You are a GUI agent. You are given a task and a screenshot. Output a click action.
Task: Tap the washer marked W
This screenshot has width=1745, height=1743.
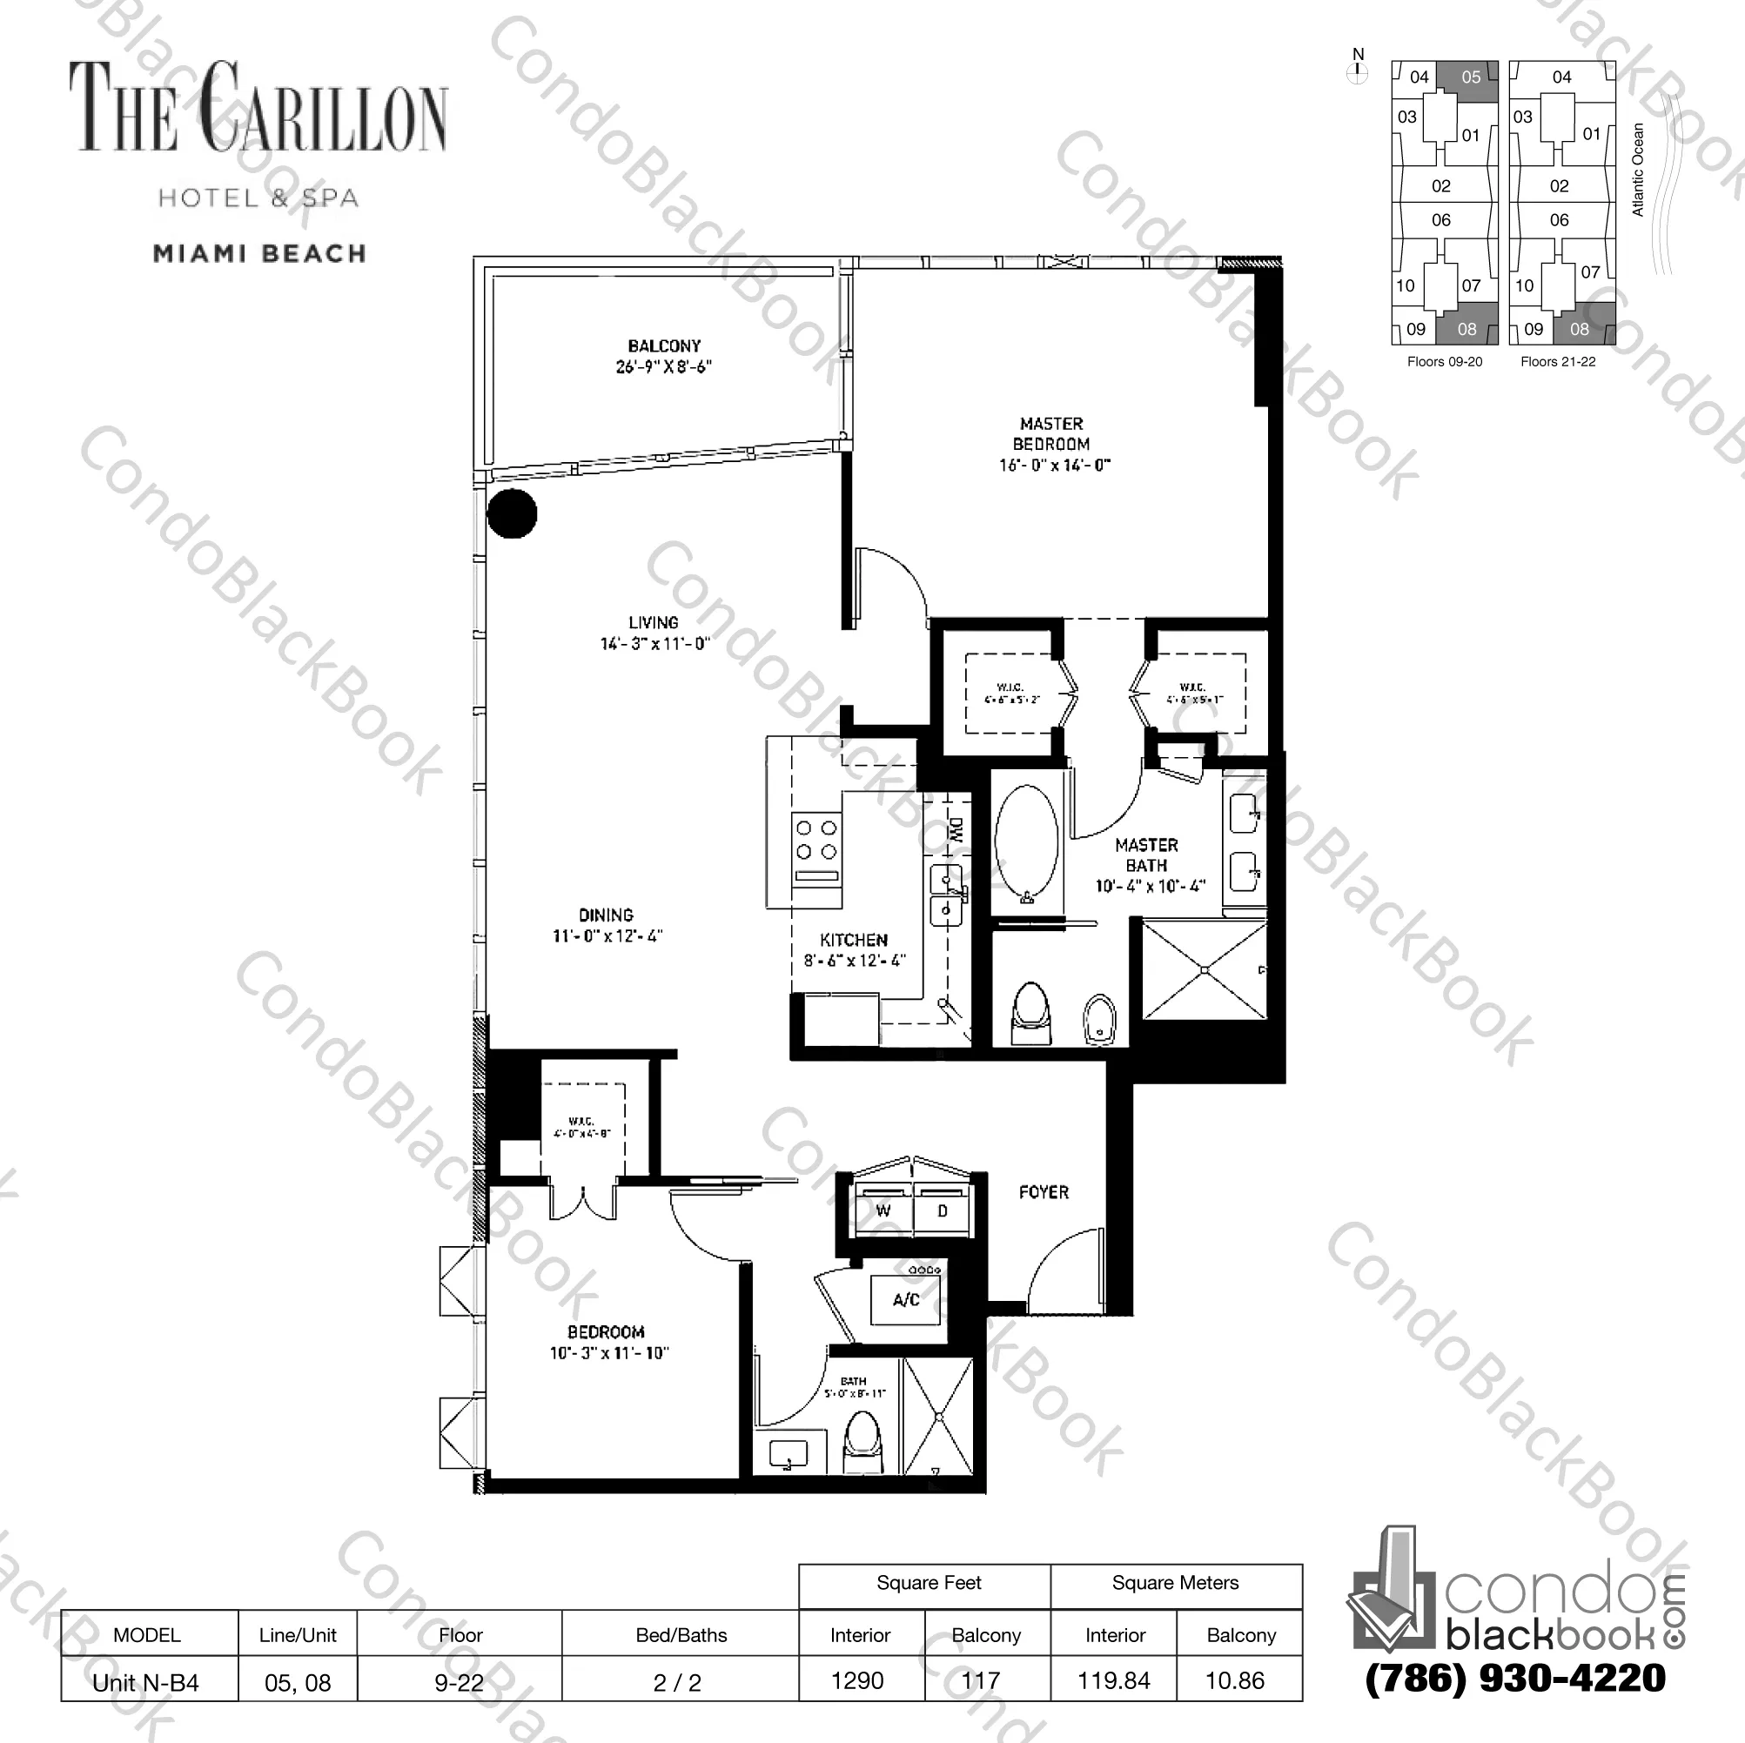[883, 1211]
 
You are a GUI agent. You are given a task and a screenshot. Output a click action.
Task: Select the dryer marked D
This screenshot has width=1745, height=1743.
[942, 1211]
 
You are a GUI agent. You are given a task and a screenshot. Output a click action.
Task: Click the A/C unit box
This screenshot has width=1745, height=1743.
[906, 1299]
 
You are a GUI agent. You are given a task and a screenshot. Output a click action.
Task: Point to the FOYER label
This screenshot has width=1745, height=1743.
[1044, 1192]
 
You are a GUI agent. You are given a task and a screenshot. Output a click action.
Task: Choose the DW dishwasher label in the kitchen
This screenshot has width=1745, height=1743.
[956, 830]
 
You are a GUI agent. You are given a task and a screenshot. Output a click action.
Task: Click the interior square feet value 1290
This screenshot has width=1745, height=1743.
[857, 1680]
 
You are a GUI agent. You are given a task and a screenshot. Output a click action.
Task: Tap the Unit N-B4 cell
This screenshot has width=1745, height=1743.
[146, 1682]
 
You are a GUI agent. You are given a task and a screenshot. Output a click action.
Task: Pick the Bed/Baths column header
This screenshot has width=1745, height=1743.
[681, 1634]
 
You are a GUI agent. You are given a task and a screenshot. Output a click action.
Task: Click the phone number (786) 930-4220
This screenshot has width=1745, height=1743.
[1514, 1678]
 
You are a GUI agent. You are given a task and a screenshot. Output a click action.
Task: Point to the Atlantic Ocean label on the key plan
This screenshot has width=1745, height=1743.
[1639, 170]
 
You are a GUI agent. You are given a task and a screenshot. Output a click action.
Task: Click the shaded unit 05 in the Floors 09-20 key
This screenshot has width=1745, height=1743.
[1471, 77]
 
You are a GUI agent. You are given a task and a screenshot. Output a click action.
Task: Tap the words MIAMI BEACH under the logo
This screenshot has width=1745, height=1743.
[260, 254]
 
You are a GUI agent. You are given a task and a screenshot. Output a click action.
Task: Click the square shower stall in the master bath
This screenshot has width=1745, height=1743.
[1205, 970]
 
